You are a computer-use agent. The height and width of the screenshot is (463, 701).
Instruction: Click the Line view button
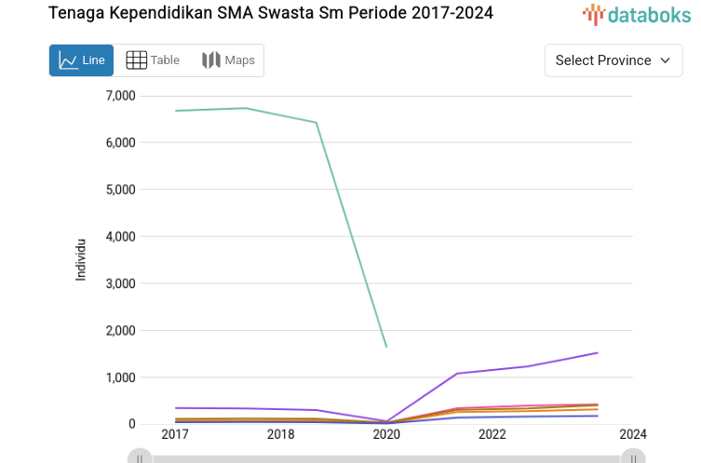(x=81, y=60)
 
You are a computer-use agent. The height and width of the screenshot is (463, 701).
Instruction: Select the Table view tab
(x=153, y=60)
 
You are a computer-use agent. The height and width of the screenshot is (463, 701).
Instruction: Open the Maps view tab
(x=228, y=60)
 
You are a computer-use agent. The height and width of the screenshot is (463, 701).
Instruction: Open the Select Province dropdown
(x=613, y=60)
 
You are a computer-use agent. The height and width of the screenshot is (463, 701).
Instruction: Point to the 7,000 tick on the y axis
(x=120, y=96)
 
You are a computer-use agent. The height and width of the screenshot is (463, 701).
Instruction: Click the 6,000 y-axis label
(x=120, y=142)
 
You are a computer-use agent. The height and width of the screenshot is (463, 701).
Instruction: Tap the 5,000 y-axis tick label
(x=120, y=190)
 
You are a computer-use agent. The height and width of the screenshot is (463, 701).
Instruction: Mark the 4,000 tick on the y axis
(x=120, y=236)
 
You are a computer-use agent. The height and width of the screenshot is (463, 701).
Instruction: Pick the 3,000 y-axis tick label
(x=120, y=284)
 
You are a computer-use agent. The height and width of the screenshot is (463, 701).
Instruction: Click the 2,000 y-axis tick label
(x=120, y=330)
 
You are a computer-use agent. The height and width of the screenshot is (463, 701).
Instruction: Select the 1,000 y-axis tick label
(x=120, y=377)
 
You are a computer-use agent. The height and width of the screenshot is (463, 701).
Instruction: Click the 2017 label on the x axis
(x=175, y=435)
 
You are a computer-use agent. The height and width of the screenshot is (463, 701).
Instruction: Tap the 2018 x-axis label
(x=280, y=435)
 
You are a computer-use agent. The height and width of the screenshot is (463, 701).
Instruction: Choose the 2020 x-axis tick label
(x=386, y=435)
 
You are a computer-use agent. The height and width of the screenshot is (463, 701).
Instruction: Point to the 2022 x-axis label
(x=492, y=435)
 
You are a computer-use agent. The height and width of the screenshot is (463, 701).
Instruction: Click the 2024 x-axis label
(x=632, y=435)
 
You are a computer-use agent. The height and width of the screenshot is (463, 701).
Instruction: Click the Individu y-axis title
(x=81, y=259)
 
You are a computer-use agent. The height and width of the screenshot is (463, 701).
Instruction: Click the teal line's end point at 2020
(x=386, y=347)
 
